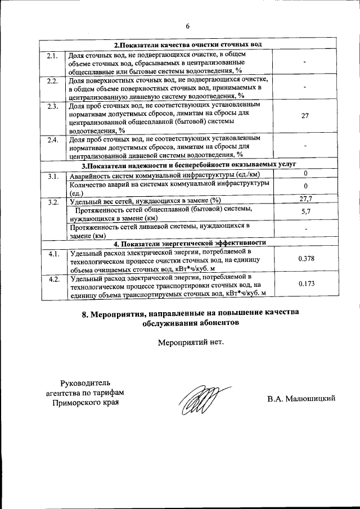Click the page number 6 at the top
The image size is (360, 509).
click(x=188, y=25)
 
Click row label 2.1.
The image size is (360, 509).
click(x=52, y=55)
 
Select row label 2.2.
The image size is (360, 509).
click(x=52, y=82)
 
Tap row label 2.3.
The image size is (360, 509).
click(x=52, y=106)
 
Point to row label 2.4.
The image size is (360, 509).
click(x=52, y=139)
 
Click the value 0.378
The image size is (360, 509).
click(x=305, y=258)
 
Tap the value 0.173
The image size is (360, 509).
click(x=305, y=285)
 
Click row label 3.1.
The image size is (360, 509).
click(x=53, y=177)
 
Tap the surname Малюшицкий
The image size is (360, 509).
click(x=310, y=399)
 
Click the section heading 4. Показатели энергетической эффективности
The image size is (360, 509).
click(x=190, y=242)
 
